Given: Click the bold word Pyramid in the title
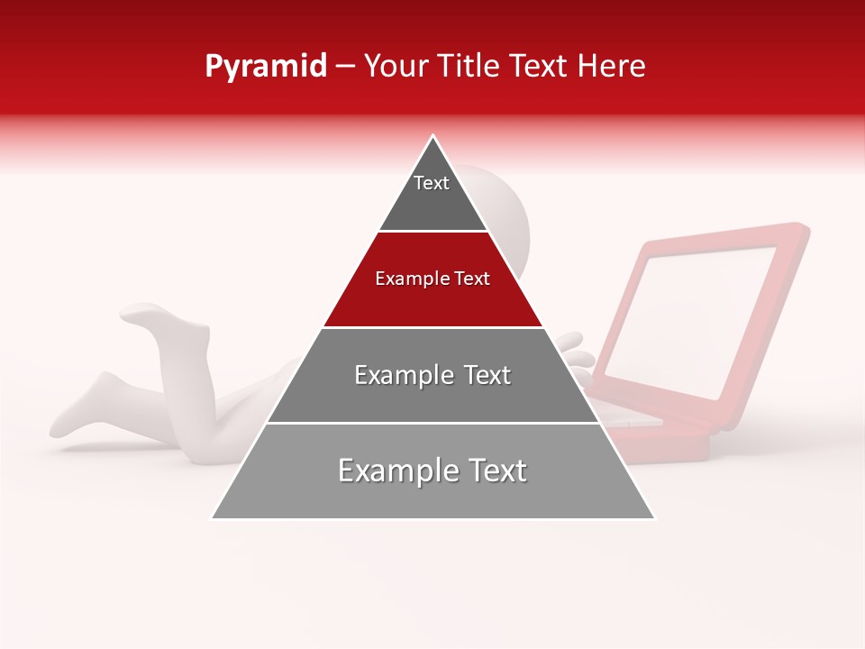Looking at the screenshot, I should pos(265,67).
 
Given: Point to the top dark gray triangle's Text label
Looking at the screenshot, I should pos(432,183).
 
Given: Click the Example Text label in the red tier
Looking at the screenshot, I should pos(432,279).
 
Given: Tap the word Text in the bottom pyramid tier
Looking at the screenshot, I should pos(493,471).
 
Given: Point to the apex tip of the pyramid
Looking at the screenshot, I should pos(433,136).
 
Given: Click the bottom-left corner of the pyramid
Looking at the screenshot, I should pos(214,518).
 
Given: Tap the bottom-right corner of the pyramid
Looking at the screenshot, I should pos(653,518).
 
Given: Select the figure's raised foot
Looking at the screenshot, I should pos(149,315).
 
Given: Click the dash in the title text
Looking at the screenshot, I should pos(345,67).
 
